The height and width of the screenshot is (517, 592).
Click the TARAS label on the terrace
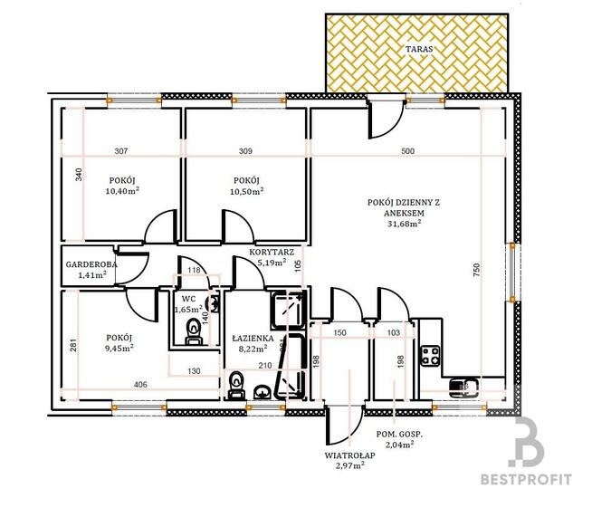[419, 49]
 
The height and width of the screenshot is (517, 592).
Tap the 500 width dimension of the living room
[407, 151]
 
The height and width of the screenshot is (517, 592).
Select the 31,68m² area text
[405, 224]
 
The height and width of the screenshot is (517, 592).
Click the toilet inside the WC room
[194, 331]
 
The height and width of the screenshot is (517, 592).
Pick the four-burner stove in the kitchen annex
[430, 356]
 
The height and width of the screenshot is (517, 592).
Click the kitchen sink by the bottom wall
[463, 388]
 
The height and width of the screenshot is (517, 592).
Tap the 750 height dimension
[476, 271]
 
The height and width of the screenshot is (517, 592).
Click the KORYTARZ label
[272, 253]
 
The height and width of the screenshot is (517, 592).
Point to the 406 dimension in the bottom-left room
[140, 385]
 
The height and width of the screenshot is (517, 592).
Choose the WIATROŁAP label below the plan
[350, 455]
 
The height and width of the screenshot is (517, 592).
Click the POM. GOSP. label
[399, 435]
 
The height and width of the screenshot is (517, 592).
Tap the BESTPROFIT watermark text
[526, 480]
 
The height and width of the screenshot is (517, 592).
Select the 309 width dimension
[246, 151]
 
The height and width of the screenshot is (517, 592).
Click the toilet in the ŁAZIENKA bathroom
[236, 385]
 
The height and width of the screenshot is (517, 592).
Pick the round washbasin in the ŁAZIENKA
[262, 392]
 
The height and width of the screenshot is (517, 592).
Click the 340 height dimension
[79, 175]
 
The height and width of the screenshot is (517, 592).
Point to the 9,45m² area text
[119, 349]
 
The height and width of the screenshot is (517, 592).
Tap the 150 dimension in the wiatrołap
[339, 333]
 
